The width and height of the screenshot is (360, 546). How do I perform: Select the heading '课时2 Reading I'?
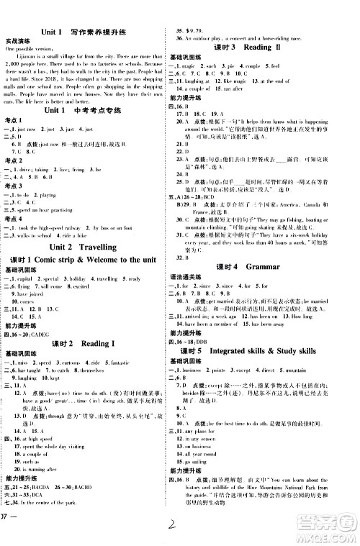(x=84, y=343)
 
